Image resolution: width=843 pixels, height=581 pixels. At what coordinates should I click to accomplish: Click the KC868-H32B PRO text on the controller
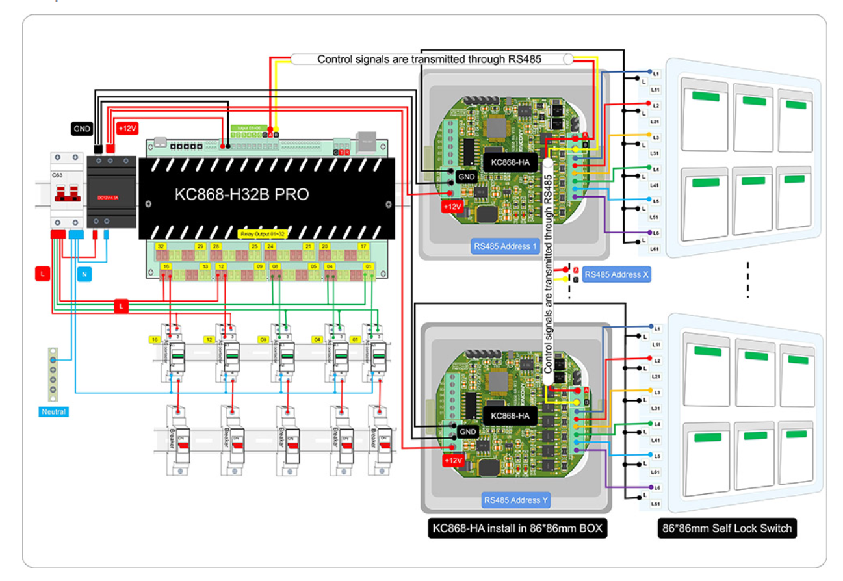tap(242, 194)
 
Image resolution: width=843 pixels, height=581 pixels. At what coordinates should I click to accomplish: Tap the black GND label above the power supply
tap(82, 129)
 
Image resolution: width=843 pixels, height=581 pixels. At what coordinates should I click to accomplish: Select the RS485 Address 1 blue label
tap(506, 246)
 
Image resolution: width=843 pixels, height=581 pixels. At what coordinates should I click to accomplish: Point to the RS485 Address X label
tap(616, 275)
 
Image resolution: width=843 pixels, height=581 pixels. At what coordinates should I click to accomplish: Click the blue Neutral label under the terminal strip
tap(53, 412)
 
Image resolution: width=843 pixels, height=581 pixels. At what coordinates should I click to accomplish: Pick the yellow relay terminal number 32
tap(161, 247)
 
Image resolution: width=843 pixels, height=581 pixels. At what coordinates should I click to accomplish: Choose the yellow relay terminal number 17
tap(363, 247)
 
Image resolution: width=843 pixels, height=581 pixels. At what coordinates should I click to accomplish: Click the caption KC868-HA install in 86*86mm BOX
tap(517, 528)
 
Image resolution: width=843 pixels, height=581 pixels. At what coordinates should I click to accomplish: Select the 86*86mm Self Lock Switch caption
tap(727, 528)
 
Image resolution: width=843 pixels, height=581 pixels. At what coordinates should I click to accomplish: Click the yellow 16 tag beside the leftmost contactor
tap(155, 340)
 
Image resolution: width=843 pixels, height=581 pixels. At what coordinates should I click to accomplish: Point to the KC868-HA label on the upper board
tap(510, 163)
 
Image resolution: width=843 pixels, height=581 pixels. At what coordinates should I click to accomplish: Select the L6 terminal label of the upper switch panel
tap(656, 233)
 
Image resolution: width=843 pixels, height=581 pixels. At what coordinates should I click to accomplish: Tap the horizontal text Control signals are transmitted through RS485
tap(429, 59)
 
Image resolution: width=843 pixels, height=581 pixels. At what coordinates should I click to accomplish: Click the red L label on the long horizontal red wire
tap(121, 305)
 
